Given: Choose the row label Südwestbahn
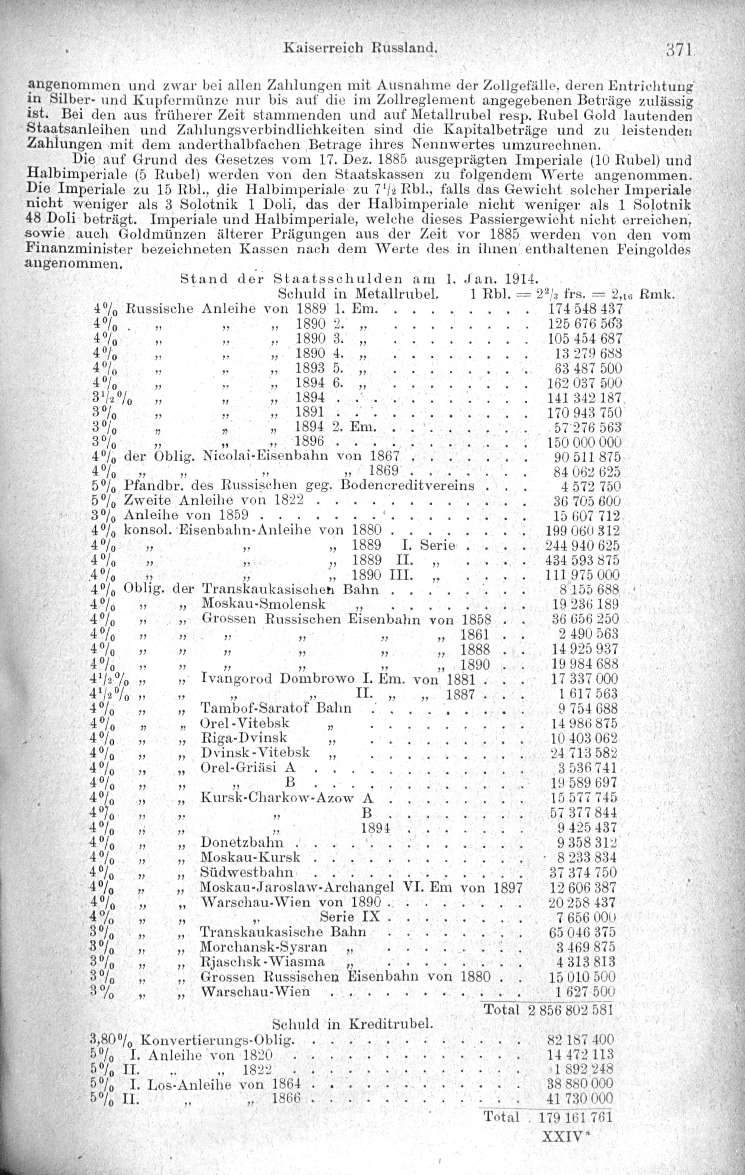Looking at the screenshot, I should click(x=247, y=872).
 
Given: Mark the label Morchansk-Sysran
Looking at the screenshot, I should click(x=263, y=947).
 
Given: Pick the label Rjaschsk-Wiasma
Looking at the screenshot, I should click(x=263, y=962).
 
